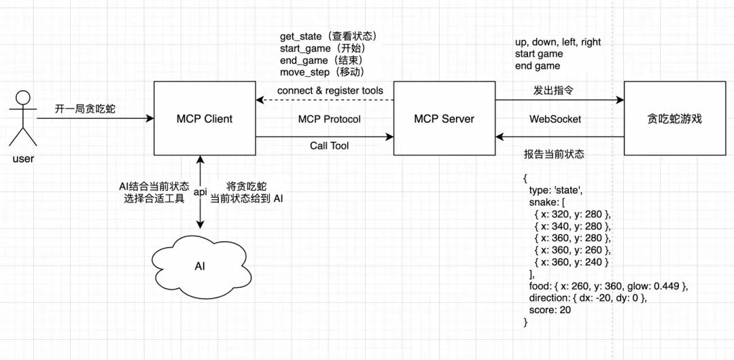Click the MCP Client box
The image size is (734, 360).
pos(205,119)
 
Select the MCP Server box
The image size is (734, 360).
pos(444,119)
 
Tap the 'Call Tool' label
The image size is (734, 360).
pos(330,145)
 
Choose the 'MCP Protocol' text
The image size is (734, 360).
pos(330,119)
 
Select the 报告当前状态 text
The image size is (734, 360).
pos(554,155)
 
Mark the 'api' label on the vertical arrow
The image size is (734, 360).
pos(200,192)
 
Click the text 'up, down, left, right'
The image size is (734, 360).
pos(558,42)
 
